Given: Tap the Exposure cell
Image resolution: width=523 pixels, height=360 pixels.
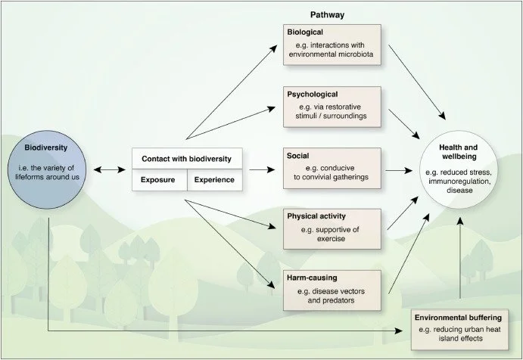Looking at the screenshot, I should [x=158, y=180].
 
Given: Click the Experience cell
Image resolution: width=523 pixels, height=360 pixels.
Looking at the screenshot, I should [x=215, y=180].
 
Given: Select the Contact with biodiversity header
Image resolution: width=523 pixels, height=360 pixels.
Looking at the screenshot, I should [x=187, y=159].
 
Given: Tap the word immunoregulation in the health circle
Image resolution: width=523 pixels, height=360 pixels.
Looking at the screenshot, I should [x=460, y=181].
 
